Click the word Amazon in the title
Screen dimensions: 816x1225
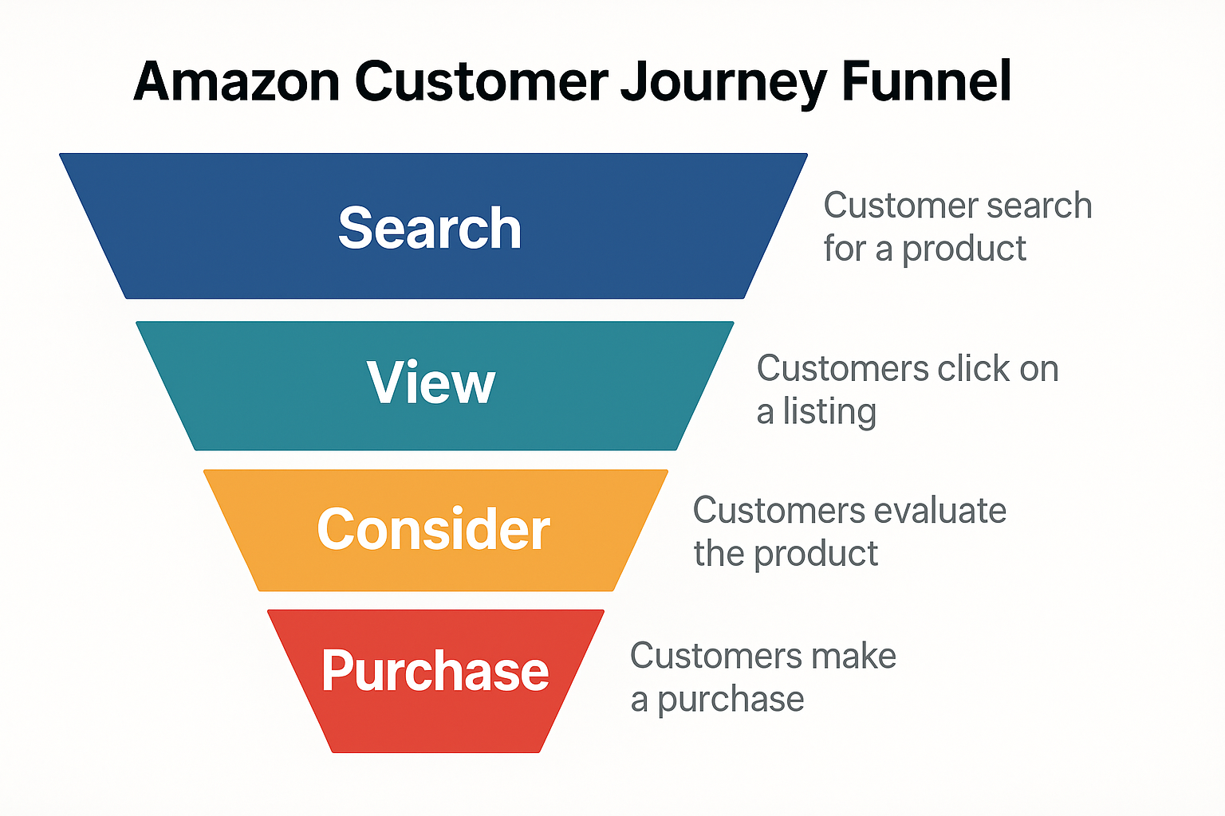237,81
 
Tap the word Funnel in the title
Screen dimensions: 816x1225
927,81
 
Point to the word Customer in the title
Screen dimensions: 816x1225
482,81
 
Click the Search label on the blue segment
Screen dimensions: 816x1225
430,229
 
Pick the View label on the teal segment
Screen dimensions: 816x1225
431,383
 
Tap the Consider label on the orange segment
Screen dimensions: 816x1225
433,529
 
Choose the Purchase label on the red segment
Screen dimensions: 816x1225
435,671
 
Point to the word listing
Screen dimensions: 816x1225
829,413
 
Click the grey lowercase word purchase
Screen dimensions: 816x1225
731,700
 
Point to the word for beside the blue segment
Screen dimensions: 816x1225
845,249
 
